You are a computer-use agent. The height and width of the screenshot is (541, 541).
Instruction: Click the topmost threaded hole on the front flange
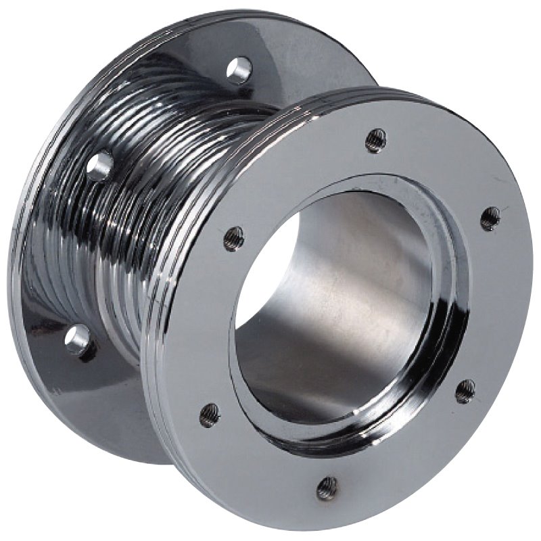tap(376, 140)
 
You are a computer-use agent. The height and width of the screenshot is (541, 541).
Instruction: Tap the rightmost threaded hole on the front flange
tap(490, 218)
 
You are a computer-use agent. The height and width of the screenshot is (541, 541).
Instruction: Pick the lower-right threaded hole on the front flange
tap(465, 391)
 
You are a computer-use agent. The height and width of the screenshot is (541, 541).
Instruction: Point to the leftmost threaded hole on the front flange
tap(210, 414)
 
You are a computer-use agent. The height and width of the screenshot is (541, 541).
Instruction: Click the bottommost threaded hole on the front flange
tap(327, 486)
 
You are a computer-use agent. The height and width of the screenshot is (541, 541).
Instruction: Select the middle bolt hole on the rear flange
tap(99, 165)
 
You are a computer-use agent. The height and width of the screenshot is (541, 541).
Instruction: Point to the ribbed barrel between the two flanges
tap(135, 223)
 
